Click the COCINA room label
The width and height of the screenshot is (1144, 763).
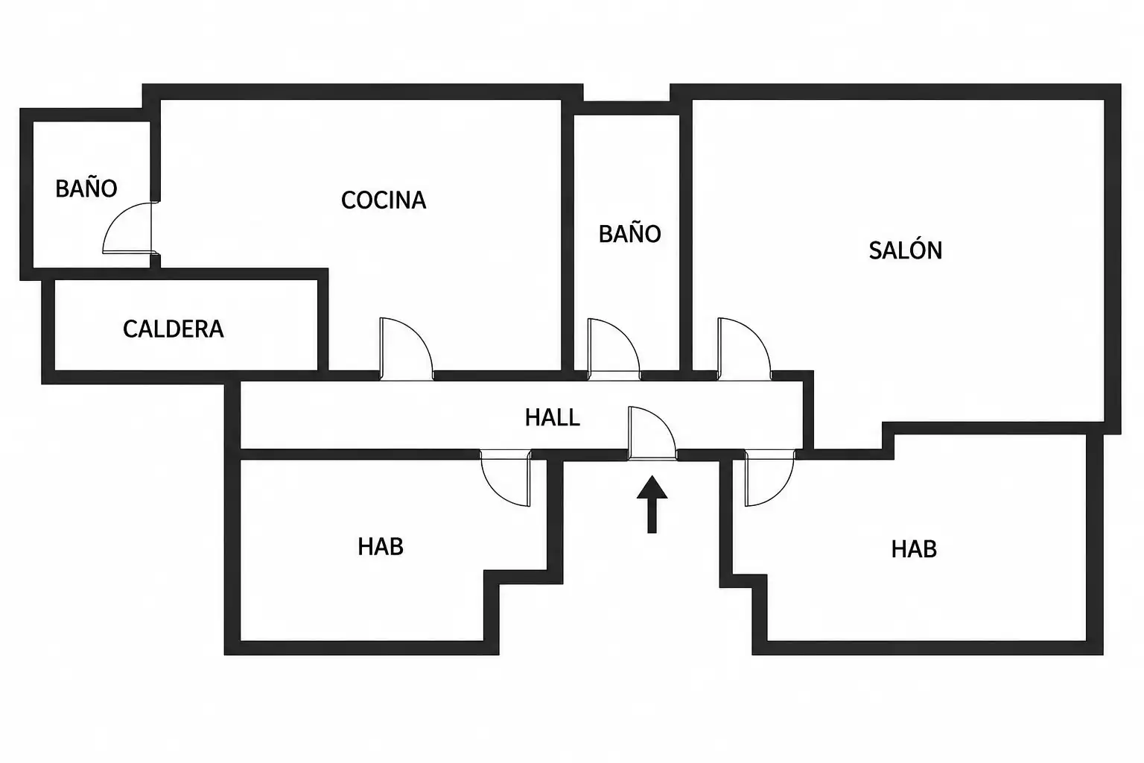(x=384, y=200)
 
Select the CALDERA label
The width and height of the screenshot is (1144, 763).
(x=173, y=329)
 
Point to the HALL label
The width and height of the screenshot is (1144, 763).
(x=552, y=417)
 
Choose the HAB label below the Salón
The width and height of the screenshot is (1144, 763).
(x=914, y=549)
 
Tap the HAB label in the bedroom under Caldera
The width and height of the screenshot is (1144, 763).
(x=381, y=547)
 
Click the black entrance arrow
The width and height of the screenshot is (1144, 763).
(x=652, y=504)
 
